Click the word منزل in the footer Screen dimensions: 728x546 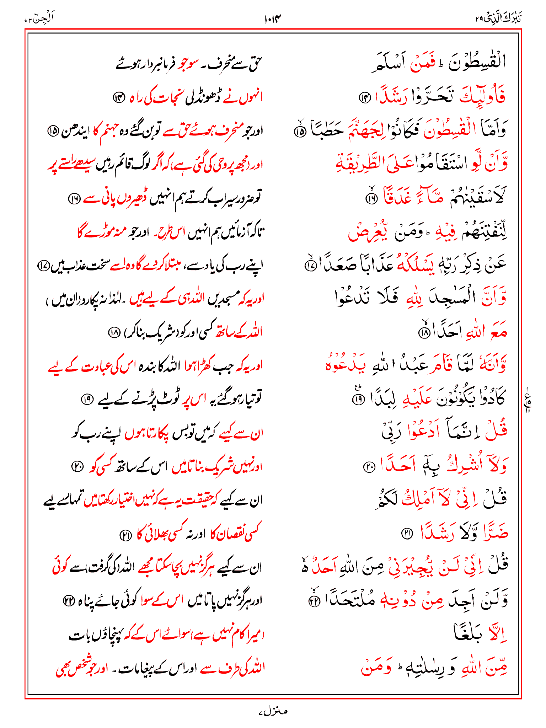(x=273, y=711)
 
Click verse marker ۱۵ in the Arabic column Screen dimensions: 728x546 (x=300, y=132)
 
